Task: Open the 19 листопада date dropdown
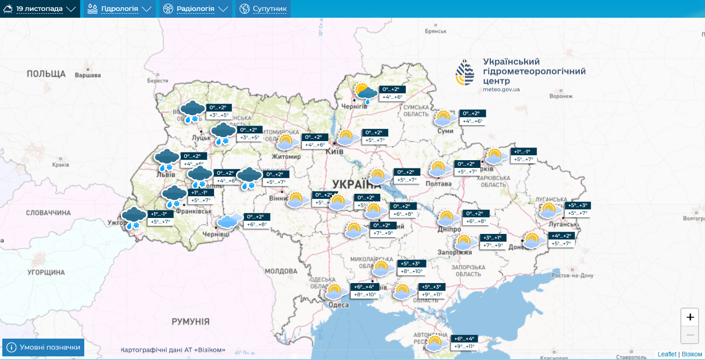pos(40,9)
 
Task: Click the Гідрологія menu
pos(119,9)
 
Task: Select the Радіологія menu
pos(195,9)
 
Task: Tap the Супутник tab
pos(263,9)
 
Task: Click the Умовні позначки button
pos(43,347)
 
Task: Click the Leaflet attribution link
pos(667,354)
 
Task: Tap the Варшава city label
pos(87,75)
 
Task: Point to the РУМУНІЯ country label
pos(190,321)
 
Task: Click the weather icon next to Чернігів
pos(366,93)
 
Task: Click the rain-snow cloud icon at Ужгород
pos(134,218)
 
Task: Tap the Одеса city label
pos(338,305)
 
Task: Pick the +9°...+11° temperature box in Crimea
pos(464,346)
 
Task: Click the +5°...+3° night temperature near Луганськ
pos(577,205)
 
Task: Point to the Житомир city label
pos(286,157)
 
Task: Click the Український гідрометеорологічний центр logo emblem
pos(465,72)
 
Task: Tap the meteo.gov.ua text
pos(501,89)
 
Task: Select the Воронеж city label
pos(561,96)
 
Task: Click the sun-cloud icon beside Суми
pos(444,118)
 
